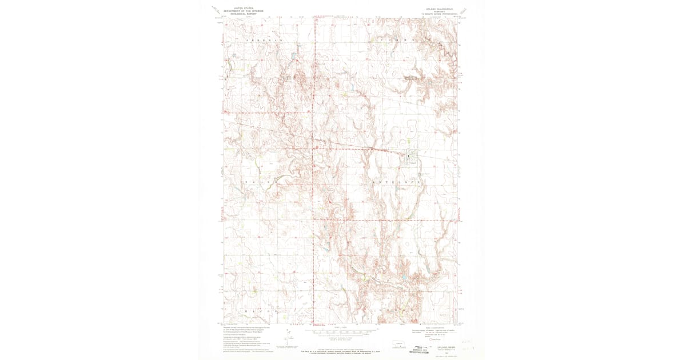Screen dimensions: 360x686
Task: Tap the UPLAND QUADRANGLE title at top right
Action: pos(437,9)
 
